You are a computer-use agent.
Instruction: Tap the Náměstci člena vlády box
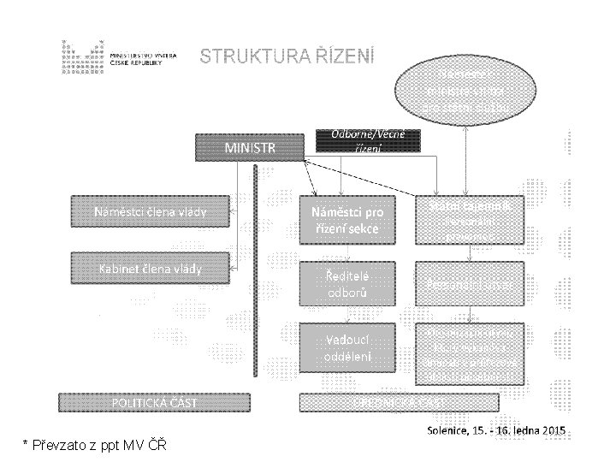[150, 212]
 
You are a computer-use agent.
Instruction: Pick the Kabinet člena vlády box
[150, 269]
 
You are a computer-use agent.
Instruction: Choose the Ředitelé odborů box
[346, 283]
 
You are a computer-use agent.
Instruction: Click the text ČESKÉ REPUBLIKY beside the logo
[141, 64]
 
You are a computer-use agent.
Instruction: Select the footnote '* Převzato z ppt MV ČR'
[94, 445]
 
